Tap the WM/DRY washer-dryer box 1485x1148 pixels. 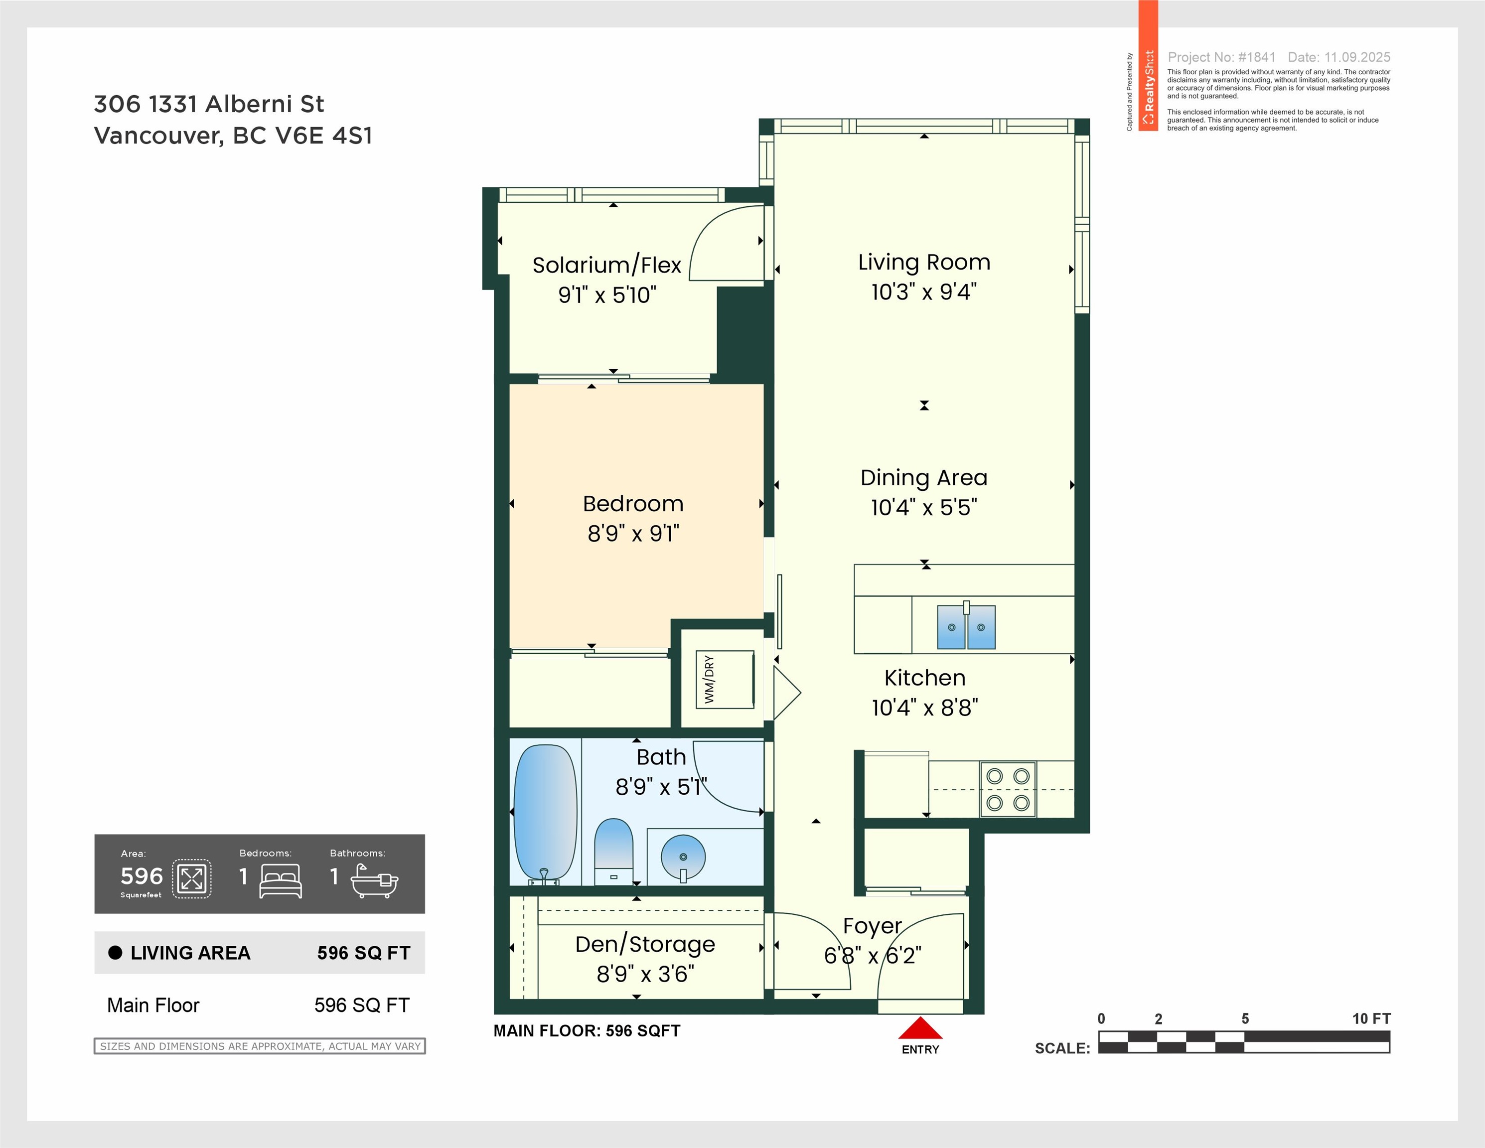(x=725, y=680)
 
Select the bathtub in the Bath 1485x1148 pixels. (x=545, y=814)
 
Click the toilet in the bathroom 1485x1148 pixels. (x=613, y=852)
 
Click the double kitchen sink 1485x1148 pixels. (x=966, y=626)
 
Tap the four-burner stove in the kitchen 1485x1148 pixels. (x=1008, y=789)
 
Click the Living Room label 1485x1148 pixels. (x=924, y=263)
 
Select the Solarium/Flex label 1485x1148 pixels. (x=606, y=265)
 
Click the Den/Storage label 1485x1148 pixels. (x=645, y=945)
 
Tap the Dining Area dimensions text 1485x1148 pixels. (x=924, y=507)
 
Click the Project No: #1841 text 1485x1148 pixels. (x=1221, y=57)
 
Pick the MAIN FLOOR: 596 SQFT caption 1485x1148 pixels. (x=587, y=1031)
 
